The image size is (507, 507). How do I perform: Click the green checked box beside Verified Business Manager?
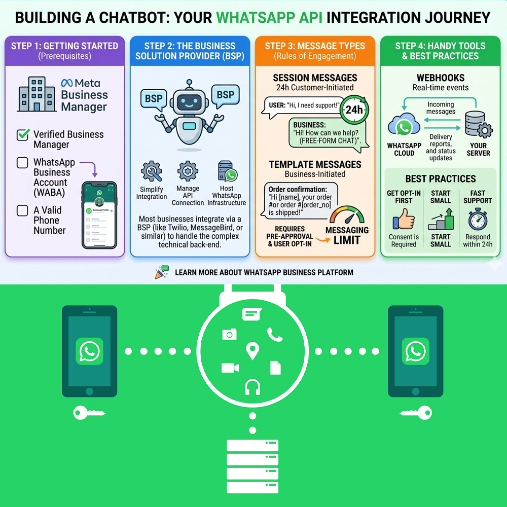[23, 135]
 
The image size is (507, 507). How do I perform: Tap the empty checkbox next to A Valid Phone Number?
[22, 210]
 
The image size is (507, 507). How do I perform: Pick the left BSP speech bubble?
[153, 98]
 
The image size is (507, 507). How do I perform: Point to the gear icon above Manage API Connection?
[188, 171]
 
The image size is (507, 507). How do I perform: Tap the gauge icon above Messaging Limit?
[347, 215]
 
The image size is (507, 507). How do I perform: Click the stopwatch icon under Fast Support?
[477, 220]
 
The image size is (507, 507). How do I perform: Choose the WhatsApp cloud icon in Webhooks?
[404, 127]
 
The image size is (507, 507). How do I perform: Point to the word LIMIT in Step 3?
[347, 240]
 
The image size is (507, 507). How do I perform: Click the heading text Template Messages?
[315, 165]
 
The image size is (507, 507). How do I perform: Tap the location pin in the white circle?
[252, 350]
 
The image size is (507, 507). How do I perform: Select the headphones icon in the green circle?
[252, 387]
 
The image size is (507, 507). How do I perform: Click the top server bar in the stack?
[252, 446]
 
